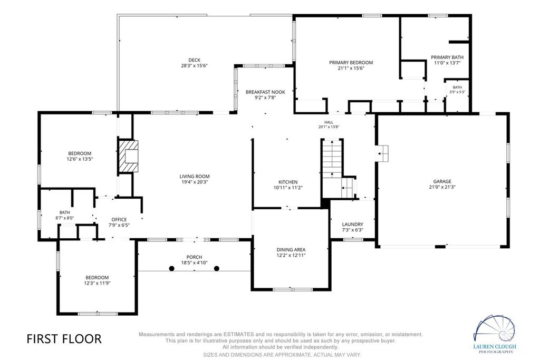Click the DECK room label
coord(194,60)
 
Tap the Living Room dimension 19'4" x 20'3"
coord(195,182)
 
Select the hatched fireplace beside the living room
coord(128,156)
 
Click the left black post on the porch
coord(171,268)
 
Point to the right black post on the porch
coord(217,268)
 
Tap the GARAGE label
coord(442,181)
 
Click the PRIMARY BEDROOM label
coord(351,63)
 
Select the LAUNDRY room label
coord(353,225)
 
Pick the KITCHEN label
coord(288,182)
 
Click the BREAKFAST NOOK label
coord(265,92)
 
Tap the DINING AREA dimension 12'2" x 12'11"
coord(291,255)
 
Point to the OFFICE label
coord(119,220)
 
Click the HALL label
coord(329,122)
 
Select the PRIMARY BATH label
coord(447,57)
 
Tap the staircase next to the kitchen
coord(332,169)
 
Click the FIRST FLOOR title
coord(64,339)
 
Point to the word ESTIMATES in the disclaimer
coord(239,334)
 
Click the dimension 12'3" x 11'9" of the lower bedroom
coord(97,283)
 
